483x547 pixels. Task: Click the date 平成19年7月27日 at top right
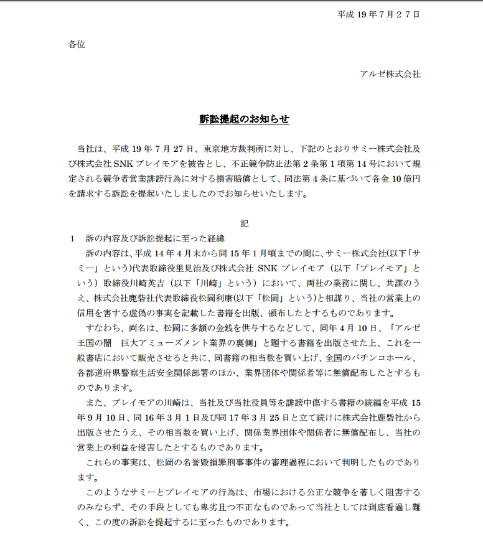378,14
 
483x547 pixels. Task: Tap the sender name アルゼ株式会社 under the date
390,74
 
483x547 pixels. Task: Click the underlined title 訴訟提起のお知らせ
245,118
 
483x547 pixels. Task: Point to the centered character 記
245,223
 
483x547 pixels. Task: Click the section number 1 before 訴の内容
72,238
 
